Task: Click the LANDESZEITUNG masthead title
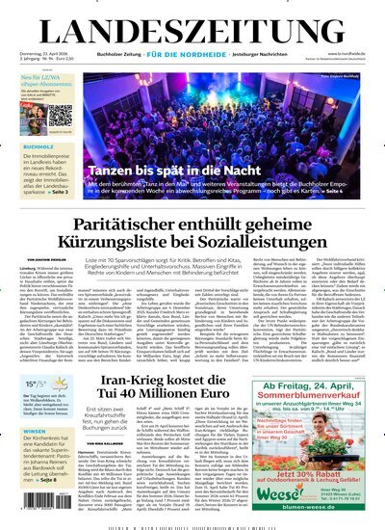point(192,25)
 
